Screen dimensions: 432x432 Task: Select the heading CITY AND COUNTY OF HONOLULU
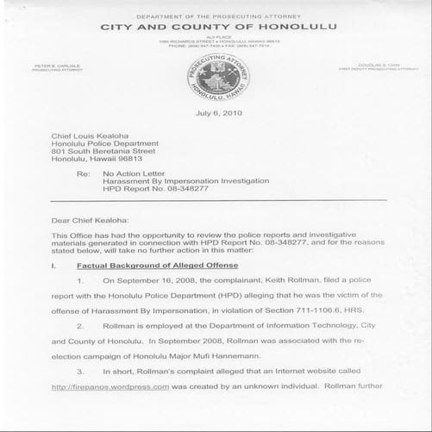(x=216, y=27)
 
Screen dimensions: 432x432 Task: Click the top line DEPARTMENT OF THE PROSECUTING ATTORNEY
(x=216, y=15)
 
